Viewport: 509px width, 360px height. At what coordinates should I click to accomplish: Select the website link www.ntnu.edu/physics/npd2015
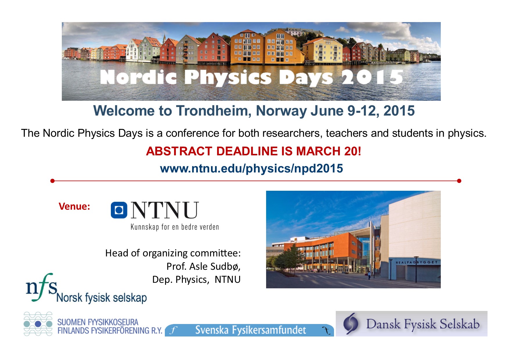(252, 168)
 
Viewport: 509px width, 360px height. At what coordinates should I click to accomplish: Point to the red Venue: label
(74, 206)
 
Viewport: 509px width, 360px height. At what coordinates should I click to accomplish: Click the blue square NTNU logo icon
(119, 210)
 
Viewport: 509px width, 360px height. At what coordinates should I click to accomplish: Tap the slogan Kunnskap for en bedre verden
(175, 227)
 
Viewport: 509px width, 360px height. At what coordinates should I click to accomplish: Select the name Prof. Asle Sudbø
(203, 266)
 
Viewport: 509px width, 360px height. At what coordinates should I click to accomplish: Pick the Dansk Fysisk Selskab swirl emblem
(351, 323)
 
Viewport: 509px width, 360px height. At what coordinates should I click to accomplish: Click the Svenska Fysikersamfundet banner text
(250, 330)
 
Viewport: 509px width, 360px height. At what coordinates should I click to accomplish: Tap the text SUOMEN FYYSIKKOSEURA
(98, 322)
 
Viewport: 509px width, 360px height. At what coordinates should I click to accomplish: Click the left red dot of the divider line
(53, 181)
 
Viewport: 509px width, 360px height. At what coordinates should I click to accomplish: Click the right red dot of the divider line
(459, 181)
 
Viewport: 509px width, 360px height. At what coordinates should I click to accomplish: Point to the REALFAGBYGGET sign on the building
(417, 262)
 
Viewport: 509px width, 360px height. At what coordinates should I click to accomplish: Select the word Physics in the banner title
(228, 78)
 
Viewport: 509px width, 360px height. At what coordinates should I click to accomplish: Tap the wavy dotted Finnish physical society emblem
(38, 324)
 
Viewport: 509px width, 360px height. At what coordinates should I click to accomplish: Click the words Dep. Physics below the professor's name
(180, 279)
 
